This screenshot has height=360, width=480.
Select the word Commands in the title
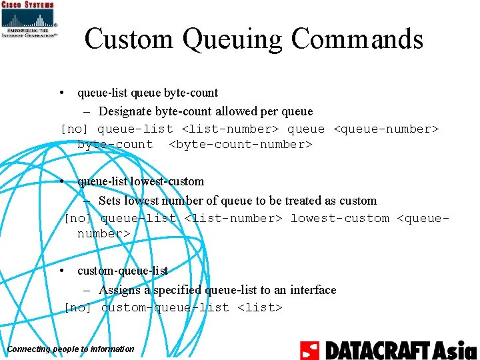[357, 39]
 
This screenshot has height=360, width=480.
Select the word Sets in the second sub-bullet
[110, 201]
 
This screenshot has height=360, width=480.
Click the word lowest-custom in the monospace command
[339, 218]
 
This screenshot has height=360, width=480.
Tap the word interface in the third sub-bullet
[313, 290]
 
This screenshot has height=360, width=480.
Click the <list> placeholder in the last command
[260, 307]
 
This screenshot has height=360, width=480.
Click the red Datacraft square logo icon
[309, 350]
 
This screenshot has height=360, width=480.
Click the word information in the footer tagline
[113, 349]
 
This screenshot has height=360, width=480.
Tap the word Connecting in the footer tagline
[27, 349]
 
